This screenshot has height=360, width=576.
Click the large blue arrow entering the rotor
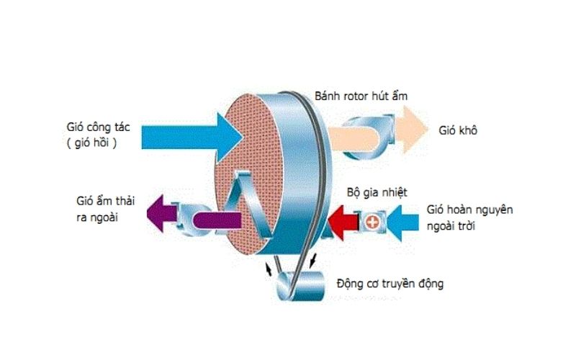point(180,135)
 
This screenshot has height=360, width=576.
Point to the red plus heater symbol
point(372,221)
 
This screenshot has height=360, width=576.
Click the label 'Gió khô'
point(459,132)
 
